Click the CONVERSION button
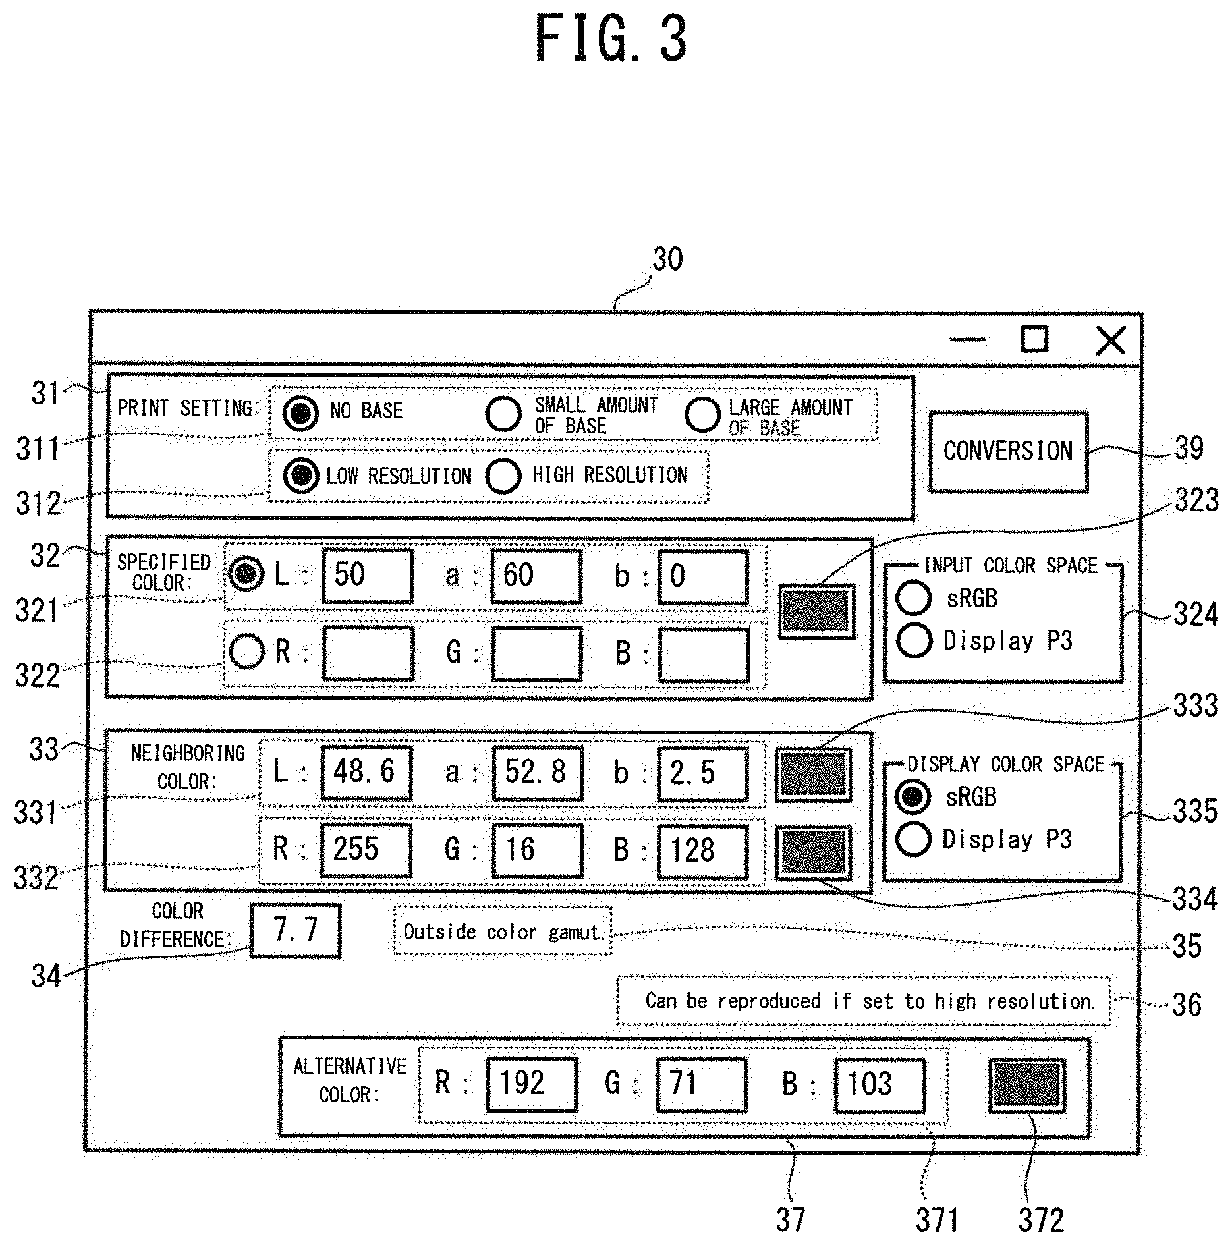(x=1008, y=452)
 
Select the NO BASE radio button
(x=300, y=413)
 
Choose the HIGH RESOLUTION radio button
(x=503, y=475)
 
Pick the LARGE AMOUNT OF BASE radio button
(x=702, y=414)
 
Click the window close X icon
(x=1111, y=341)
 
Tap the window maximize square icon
(x=1034, y=339)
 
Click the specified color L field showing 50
(x=368, y=575)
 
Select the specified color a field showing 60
(x=536, y=575)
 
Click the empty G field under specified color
(x=536, y=653)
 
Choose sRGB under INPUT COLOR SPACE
(x=914, y=597)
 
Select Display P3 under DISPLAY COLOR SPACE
(x=914, y=839)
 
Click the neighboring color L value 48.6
(x=366, y=771)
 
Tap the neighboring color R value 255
(x=366, y=850)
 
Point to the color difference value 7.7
(x=296, y=930)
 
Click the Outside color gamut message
(x=502, y=931)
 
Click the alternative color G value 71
(x=701, y=1084)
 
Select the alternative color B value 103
(x=879, y=1084)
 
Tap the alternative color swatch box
(x=1026, y=1085)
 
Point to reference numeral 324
(x=1196, y=615)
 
